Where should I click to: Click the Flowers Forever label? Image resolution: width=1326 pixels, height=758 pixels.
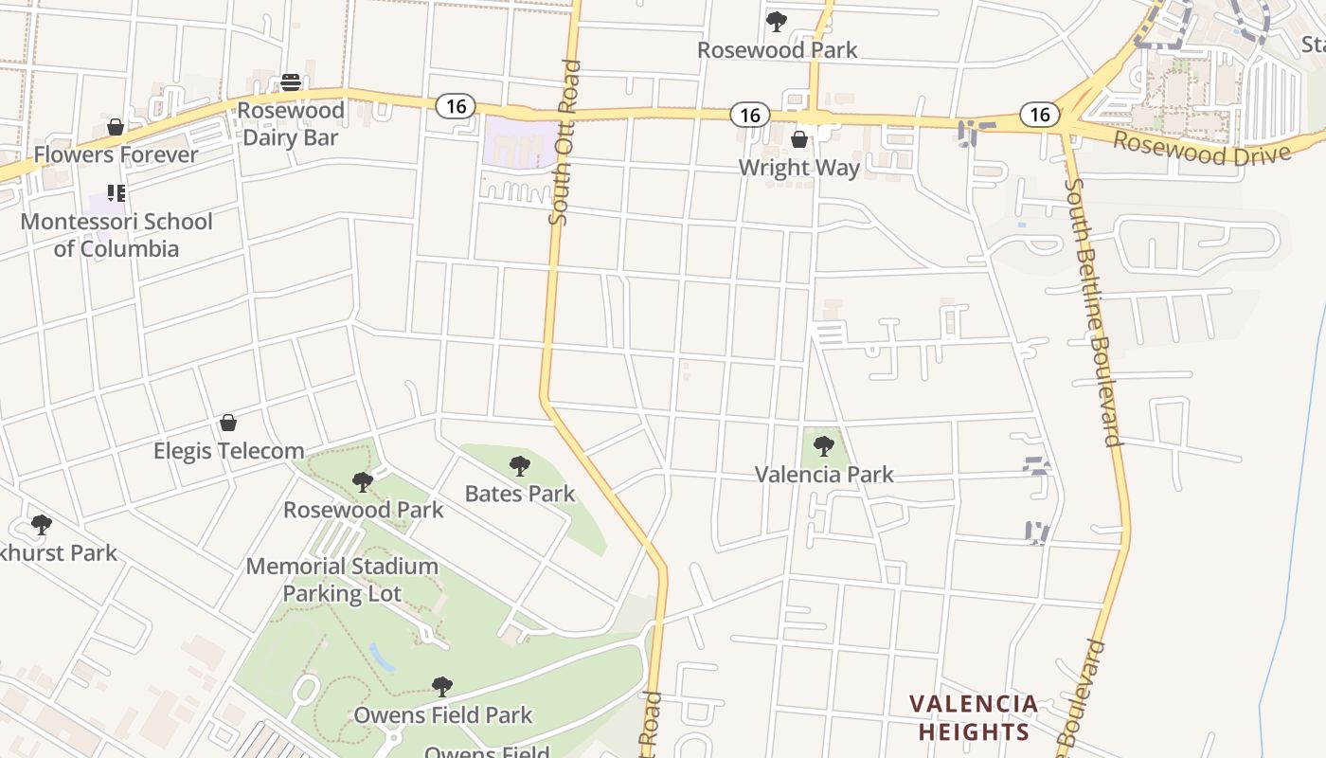116,154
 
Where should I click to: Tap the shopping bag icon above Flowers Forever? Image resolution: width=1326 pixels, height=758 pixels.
116,127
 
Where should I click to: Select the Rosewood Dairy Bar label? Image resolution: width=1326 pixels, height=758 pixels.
290,124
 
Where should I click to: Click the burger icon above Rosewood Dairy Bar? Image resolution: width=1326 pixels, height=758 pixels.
291,82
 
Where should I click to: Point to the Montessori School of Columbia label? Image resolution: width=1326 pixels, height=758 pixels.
116,235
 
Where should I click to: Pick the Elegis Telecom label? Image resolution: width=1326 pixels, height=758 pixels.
229,451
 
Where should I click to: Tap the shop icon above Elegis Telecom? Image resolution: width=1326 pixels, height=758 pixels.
228,423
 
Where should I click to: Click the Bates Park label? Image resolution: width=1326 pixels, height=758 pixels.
520,494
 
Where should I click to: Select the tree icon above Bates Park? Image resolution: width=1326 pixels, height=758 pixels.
519,465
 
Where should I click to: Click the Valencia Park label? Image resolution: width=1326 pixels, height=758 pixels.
824,475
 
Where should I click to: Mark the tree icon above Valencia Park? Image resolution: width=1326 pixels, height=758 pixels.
823,445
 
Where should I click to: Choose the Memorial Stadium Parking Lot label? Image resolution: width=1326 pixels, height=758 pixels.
342,580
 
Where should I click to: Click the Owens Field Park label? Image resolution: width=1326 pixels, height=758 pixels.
443,715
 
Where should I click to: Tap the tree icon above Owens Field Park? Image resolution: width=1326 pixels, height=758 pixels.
441,686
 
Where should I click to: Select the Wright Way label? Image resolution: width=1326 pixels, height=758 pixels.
799,168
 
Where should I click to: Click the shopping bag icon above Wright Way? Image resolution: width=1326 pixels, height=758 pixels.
799,139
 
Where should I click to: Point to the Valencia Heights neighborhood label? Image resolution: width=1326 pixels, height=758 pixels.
974,718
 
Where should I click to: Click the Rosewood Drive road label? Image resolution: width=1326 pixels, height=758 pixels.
1201,149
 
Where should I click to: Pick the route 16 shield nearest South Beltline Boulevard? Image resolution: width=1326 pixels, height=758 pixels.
1039,115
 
